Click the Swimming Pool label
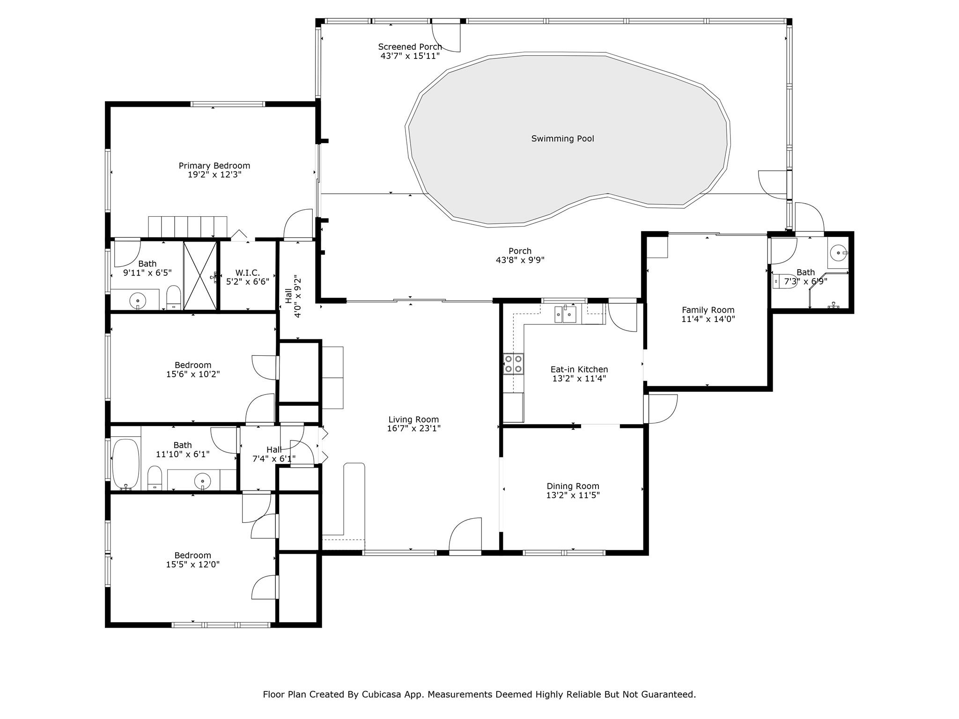(x=562, y=139)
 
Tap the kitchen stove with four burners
(x=514, y=364)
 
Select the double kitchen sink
(x=566, y=314)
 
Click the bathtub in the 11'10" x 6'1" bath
(x=126, y=464)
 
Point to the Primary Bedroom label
(x=214, y=166)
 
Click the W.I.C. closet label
(x=247, y=273)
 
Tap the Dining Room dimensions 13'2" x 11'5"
(x=573, y=495)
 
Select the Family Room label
(x=708, y=310)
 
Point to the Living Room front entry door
(x=465, y=535)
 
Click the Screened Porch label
(x=410, y=47)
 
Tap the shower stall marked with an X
(x=200, y=275)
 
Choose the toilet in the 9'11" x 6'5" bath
(x=174, y=297)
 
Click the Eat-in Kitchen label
(x=579, y=369)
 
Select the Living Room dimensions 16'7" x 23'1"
(x=414, y=428)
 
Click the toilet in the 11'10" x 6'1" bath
(x=155, y=478)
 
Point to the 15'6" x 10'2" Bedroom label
(x=193, y=365)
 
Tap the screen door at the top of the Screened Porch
(x=446, y=36)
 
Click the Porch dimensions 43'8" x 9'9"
(x=520, y=260)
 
